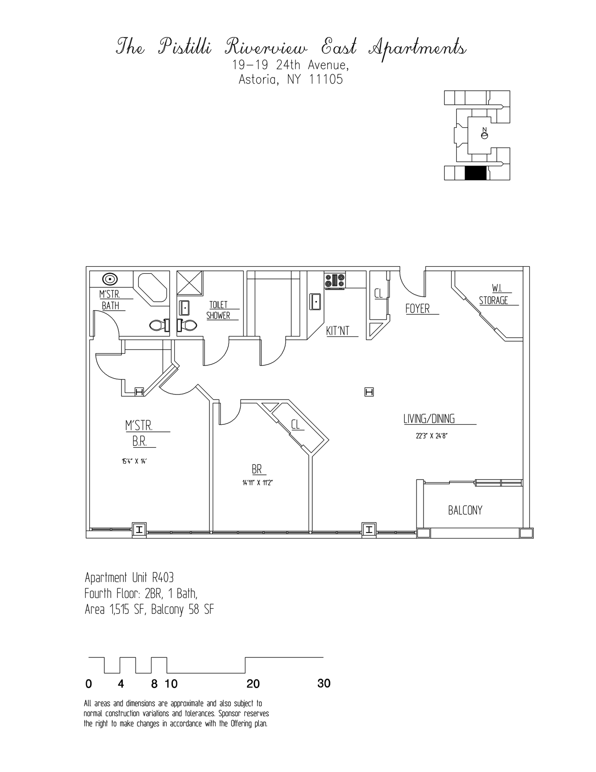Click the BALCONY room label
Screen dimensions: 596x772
point(465,510)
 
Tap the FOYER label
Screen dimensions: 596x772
point(417,309)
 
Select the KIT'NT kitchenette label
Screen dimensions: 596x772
point(338,331)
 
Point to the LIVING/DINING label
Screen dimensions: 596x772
point(429,419)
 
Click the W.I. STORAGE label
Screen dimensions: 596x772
point(494,295)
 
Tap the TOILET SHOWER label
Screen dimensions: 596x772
point(218,310)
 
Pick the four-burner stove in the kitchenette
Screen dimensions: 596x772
point(335,280)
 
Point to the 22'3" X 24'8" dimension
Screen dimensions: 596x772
point(429,436)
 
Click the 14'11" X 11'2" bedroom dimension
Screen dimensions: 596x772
point(257,483)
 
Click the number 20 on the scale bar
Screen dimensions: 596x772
point(253,684)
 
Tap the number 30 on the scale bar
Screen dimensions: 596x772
point(324,684)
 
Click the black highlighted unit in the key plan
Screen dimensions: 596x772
point(476,173)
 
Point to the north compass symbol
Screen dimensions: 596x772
point(484,135)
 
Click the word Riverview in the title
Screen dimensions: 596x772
point(266,48)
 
